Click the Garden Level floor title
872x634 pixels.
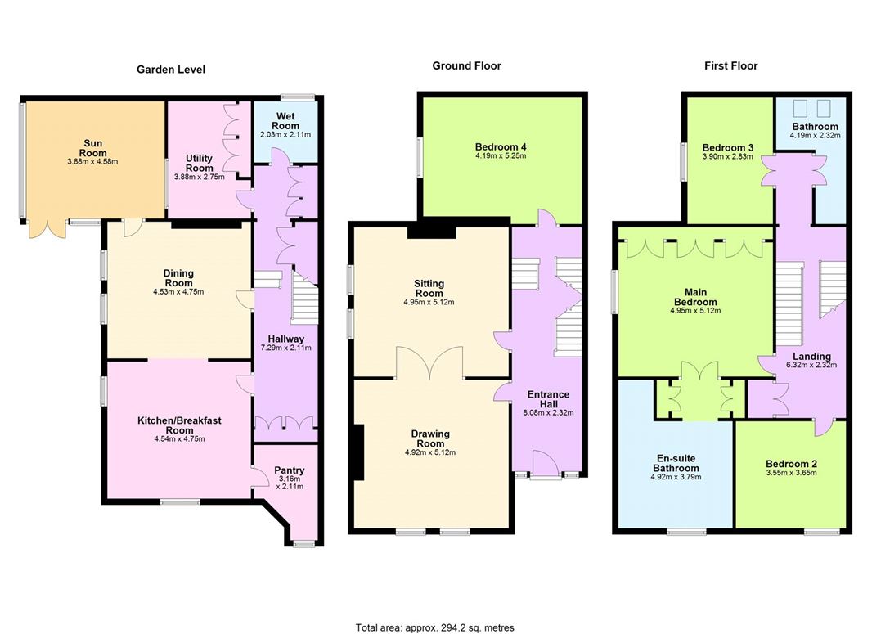point(170,70)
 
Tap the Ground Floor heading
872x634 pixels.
point(466,65)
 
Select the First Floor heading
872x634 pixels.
point(730,65)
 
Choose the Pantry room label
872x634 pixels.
point(290,470)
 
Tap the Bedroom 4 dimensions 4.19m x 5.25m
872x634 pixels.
point(501,156)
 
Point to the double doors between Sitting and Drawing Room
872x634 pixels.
point(430,362)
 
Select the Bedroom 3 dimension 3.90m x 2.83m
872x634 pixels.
point(727,157)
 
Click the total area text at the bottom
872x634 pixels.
point(435,627)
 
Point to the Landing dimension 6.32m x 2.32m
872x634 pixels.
point(811,366)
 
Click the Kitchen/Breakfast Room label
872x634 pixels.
point(179,425)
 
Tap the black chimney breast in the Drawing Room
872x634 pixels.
point(357,452)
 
